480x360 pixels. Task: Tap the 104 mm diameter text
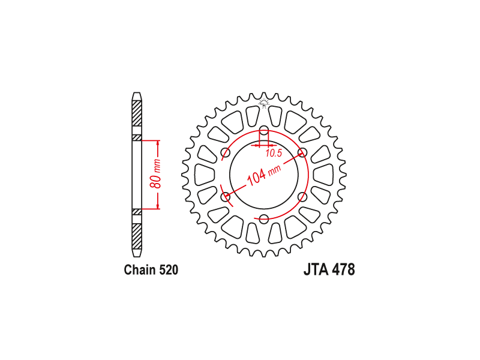(263, 175)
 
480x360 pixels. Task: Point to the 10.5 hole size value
(274, 154)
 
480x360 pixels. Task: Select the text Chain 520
(151, 270)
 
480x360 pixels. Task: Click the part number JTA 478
(329, 270)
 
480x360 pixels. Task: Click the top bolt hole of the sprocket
(264, 130)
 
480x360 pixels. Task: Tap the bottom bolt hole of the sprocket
(264, 218)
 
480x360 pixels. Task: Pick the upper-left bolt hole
(226, 152)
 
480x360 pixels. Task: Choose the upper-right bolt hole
(302, 152)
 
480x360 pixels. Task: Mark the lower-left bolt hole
(226, 197)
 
